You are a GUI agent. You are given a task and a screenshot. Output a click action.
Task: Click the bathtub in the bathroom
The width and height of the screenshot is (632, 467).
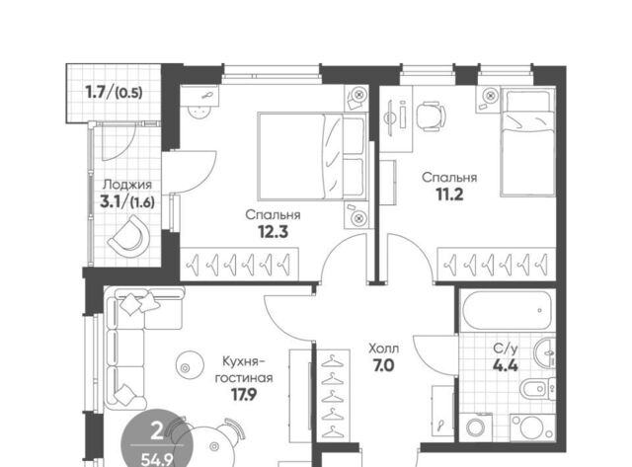[508, 310]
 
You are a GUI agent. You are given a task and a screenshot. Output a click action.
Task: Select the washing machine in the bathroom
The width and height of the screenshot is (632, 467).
[478, 427]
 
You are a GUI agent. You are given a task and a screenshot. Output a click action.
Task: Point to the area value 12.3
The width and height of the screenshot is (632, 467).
[274, 232]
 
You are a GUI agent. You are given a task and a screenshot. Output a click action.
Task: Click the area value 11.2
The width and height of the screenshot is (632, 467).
[449, 195]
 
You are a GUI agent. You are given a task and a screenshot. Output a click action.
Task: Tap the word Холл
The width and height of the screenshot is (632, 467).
[384, 348]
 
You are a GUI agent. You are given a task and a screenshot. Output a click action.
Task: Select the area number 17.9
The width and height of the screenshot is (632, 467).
[244, 395]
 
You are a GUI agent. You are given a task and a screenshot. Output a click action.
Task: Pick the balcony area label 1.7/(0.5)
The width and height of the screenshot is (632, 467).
[115, 93]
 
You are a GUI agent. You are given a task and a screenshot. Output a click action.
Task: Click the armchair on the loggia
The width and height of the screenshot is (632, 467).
[128, 237]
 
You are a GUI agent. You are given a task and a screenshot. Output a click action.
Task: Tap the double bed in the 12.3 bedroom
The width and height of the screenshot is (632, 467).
[312, 156]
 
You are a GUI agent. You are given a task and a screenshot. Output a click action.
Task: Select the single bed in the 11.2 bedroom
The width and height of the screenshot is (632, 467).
[527, 143]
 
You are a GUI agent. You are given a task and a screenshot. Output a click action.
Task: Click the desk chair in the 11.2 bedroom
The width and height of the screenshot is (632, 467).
[431, 115]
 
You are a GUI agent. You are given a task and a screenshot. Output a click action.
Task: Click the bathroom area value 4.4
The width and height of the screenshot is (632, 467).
[507, 365]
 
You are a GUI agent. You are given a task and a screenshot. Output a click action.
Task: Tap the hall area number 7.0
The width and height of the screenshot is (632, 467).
[384, 366]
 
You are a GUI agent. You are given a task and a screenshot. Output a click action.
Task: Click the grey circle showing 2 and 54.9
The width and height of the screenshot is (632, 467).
[158, 439]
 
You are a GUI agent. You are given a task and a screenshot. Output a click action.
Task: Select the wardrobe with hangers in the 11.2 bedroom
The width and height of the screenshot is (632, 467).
[496, 264]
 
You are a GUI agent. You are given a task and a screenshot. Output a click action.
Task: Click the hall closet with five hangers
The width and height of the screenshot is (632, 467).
[332, 395]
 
